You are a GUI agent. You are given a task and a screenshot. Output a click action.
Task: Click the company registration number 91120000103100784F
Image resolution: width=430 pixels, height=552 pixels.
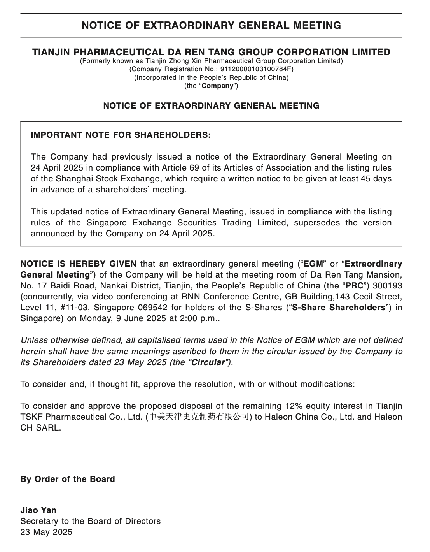pyautogui.click(x=256, y=69)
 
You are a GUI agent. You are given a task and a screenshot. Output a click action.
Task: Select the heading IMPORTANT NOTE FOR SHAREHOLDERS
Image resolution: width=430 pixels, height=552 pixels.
pyautogui.click(x=121, y=135)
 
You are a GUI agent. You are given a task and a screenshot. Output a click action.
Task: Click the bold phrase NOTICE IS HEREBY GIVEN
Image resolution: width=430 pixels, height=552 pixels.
pyautogui.click(x=79, y=264)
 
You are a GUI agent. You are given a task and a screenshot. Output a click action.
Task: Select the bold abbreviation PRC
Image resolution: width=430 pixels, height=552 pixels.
pyautogui.click(x=355, y=286)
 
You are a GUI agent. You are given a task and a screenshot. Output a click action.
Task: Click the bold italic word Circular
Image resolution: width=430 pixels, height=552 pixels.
pyautogui.click(x=208, y=362)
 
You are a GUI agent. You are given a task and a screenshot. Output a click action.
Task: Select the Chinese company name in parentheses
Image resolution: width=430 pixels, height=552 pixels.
pyautogui.click(x=199, y=417)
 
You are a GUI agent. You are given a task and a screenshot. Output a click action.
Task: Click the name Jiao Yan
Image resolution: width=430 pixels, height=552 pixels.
pyautogui.click(x=38, y=510)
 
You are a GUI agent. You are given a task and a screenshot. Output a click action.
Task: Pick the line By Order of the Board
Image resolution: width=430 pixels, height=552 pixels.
pyautogui.click(x=68, y=479)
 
